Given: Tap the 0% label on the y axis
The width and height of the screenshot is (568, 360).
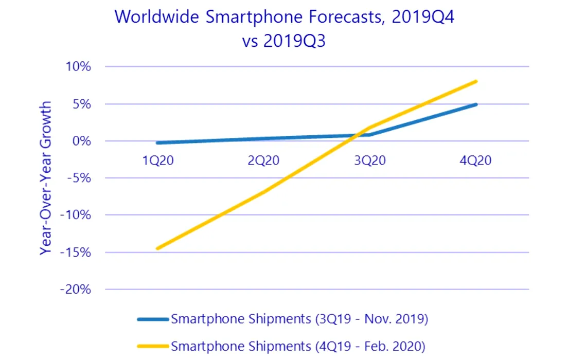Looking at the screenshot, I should [x=82, y=141].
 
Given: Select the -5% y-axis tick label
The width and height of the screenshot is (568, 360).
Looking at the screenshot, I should [x=80, y=178].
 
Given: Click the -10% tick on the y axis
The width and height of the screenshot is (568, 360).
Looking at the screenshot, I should [x=77, y=215].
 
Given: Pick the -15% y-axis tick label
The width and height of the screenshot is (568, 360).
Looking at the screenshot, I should [x=77, y=253].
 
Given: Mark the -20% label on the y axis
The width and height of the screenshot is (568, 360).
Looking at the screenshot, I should [x=77, y=290].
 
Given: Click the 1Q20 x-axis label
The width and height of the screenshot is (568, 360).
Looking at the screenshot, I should [x=158, y=160].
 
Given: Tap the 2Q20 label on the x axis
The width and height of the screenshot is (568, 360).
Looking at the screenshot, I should [x=263, y=160].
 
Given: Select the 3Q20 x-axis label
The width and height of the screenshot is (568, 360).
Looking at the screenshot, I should [x=370, y=160].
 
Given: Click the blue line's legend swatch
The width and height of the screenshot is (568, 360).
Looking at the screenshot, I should [x=152, y=319].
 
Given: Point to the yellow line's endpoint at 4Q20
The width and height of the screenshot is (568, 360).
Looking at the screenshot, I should [x=476, y=81].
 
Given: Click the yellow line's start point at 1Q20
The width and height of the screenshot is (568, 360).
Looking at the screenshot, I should [x=157, y=248].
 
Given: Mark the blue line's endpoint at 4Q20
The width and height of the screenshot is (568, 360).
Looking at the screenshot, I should [x=476, y=104].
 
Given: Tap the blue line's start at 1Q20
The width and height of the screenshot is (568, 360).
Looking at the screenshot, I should [x=157, y=143].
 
